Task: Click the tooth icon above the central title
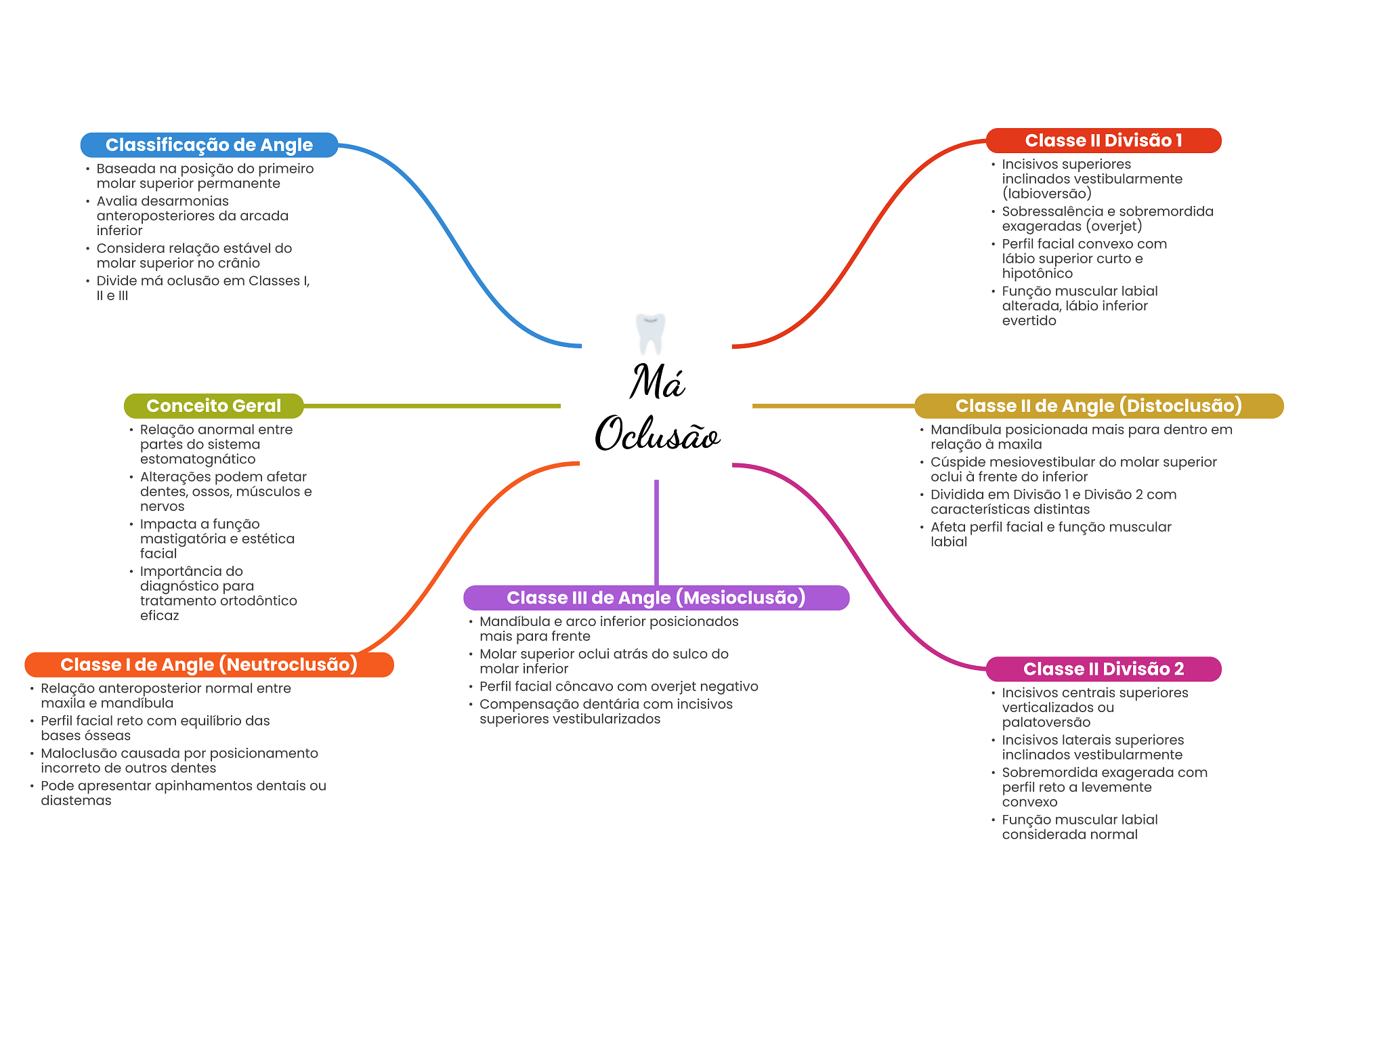(x=650, y=333)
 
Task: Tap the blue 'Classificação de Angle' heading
(x=209, y=145)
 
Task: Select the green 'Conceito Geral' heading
(x=213, y=406)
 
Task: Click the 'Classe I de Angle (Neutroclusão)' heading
(x=209, y=665)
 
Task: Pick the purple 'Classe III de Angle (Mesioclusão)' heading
(x=656, y=598)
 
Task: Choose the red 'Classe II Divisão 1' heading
(x=1103, y=141)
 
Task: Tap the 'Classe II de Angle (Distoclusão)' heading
(x=1098, y=406)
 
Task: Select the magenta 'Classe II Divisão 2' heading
(x=1103, y=669)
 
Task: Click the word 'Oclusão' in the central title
(x=657, y=434)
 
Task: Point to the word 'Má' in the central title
(x=657, y=381)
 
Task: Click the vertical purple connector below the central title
(x=656, y=532)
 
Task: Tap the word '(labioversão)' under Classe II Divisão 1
(x=1046, y=194)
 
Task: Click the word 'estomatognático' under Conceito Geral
(x=198, y=459)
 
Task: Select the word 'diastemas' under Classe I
(x=76, y=801)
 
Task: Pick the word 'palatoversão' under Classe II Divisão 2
(x=1046, y=722)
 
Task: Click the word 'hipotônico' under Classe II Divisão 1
(x=1037, y=274)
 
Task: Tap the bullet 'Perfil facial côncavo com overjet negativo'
(x=618, y=686)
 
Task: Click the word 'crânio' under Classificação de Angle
(x=238, y=263)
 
